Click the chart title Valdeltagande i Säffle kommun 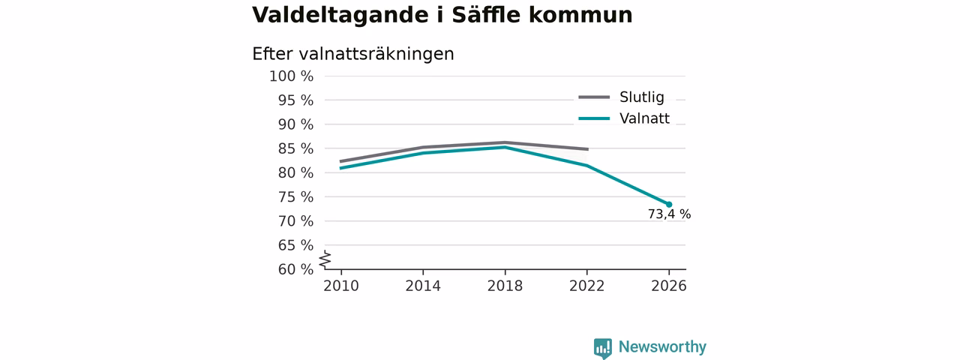(x=442, y=15)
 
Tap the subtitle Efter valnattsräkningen (x=353, y=54)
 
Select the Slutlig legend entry (x=622, y=97)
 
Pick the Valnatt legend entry (x=624, y=118)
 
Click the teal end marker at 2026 (x=669, y=205)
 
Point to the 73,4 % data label (x=670, y=214)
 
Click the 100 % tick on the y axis (x=292, y=76)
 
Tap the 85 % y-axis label (x=295, y=148)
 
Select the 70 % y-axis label (x=295, y=221)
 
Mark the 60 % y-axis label (x=295, y=269)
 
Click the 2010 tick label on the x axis (x=341, y=286)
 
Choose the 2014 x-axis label (x=423, y=286)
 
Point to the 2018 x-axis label (x=505, y=286)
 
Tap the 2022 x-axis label (x=586, y=286)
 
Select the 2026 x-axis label (x=669, y=286)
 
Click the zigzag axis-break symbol (x=325, y=259)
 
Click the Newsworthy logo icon (x=603, y=348)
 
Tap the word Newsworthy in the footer (x=662, y=346)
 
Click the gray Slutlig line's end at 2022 (x=587, y=149)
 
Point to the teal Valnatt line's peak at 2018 (x=505, y=148)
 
